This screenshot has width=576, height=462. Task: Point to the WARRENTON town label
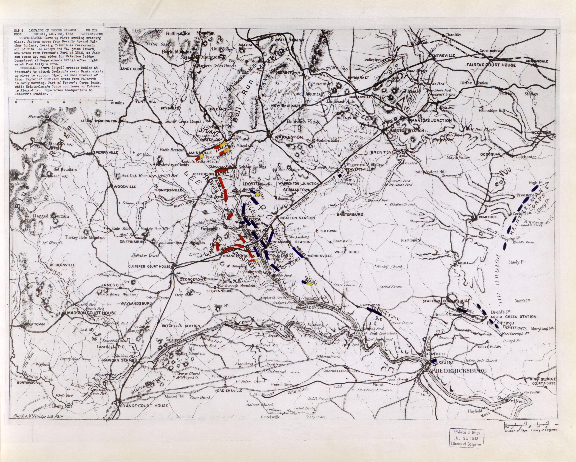coord(289,137)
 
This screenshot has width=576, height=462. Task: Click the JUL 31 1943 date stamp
coord(466,438)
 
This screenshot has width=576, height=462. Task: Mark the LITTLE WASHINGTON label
coord(99,121)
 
